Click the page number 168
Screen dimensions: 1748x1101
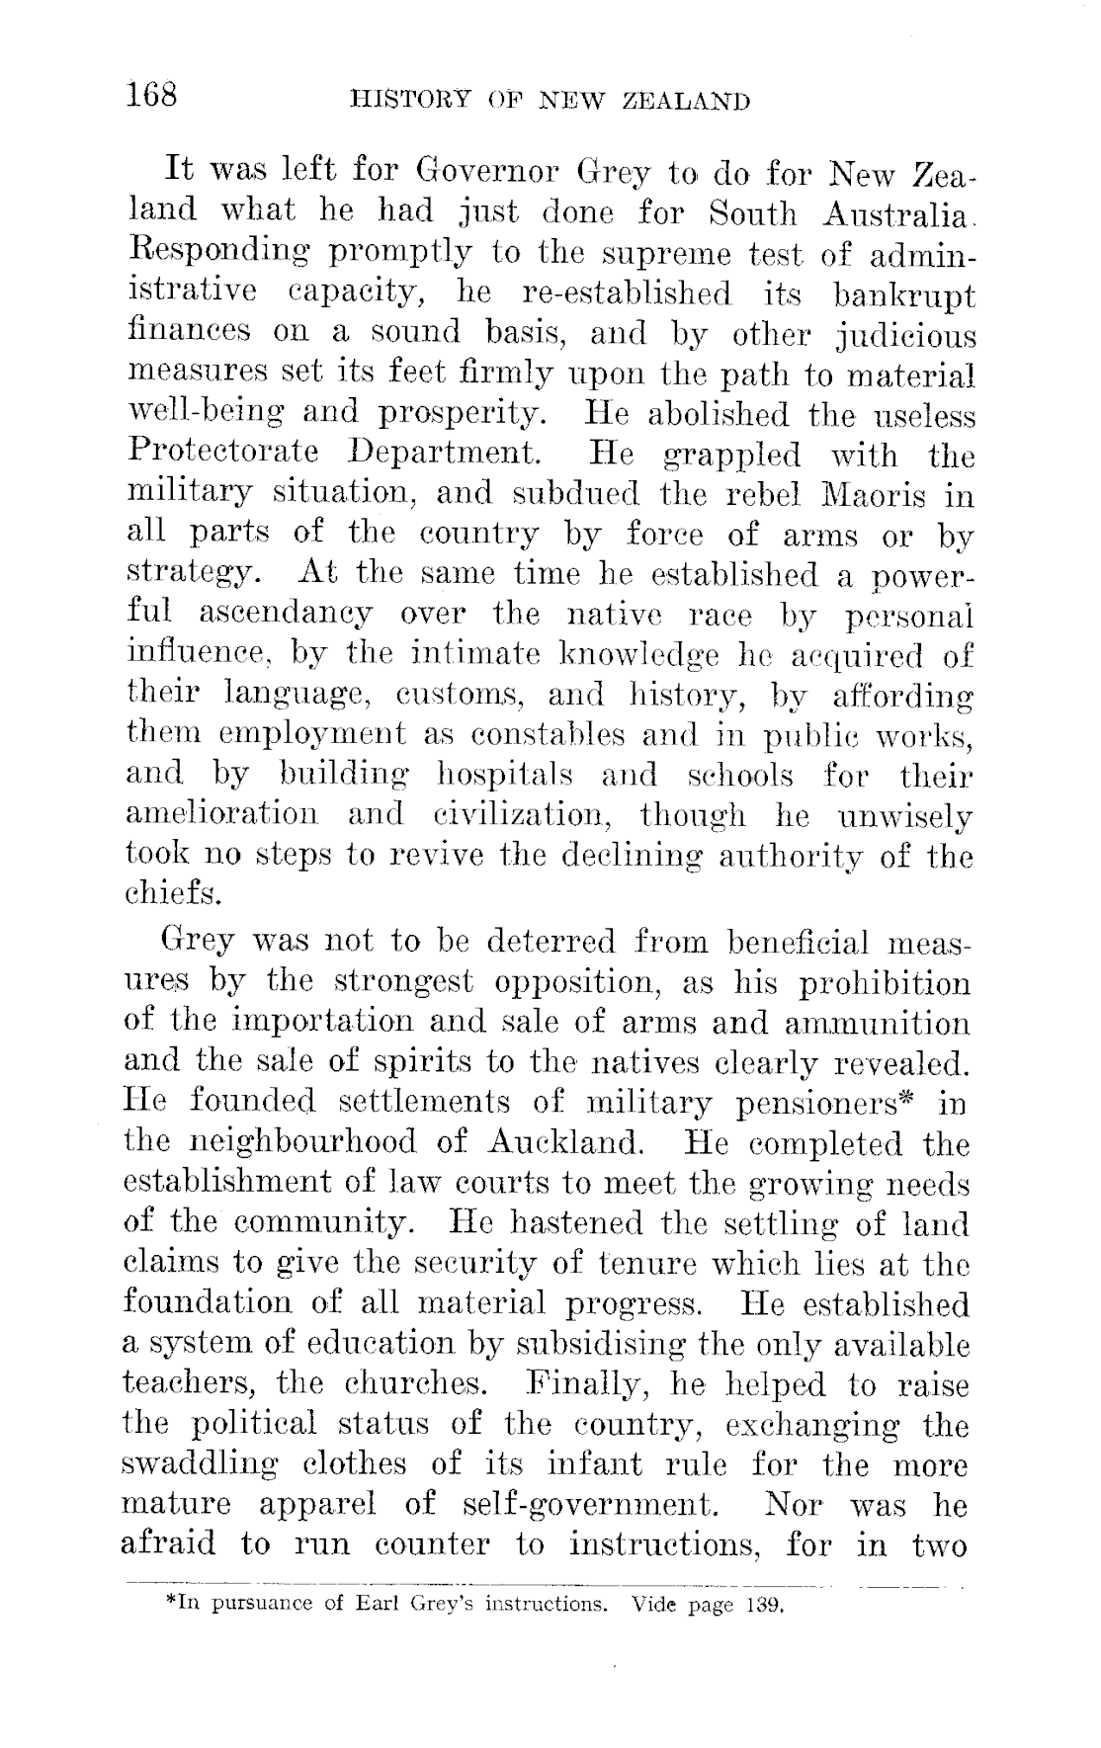coord(150,95)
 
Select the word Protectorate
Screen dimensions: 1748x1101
coord(223,454)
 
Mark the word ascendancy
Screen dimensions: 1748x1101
coord(286,614)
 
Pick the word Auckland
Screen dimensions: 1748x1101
coord(566,1144)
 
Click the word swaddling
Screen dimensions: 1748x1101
coord(212,1464)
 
